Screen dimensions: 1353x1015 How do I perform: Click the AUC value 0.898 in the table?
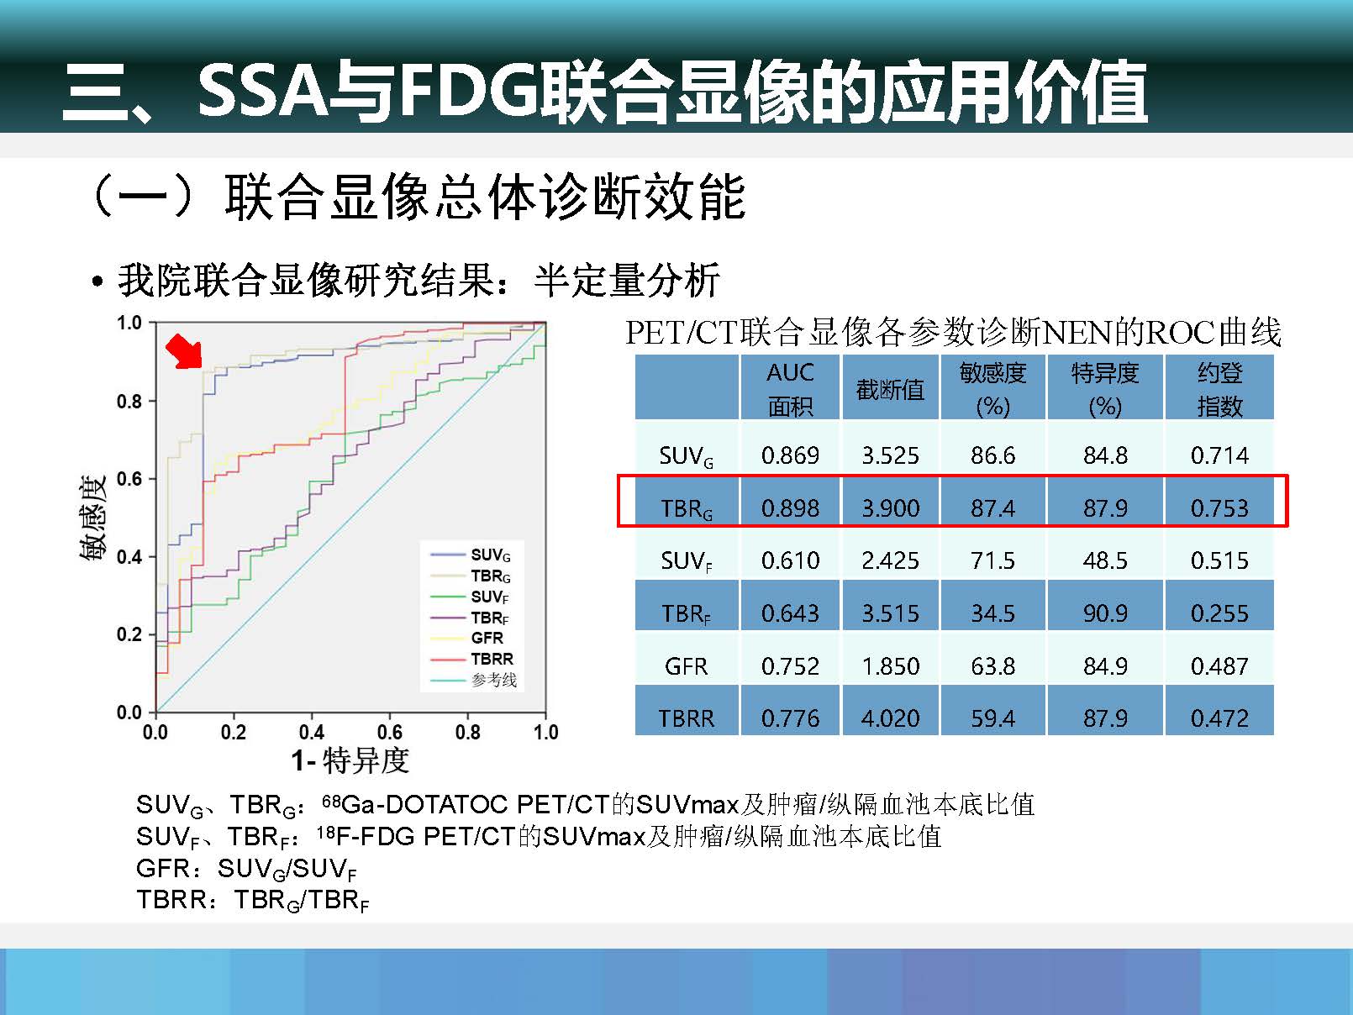point(790,507)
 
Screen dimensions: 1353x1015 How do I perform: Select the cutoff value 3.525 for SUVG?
point(889,455)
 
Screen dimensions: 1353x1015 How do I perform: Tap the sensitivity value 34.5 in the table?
point(992,613)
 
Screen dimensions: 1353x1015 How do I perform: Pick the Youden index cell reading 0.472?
point(1219,718)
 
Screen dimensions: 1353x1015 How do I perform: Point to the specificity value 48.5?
point(1105,560)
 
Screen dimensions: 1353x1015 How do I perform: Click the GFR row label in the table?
point(686,666)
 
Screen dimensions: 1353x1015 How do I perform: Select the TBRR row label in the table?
point(686,718)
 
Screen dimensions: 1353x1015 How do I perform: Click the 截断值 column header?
point(890,390)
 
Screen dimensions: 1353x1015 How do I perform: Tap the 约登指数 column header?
point(1219,390)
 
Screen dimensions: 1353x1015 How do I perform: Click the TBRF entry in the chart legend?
point(489,618)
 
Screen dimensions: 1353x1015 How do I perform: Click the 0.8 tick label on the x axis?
point(467,732)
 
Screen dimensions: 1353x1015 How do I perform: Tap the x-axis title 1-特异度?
point(350,760)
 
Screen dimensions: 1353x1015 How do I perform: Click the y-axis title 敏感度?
point(93,518)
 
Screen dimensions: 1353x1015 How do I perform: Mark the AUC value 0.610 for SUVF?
point(790,560)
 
